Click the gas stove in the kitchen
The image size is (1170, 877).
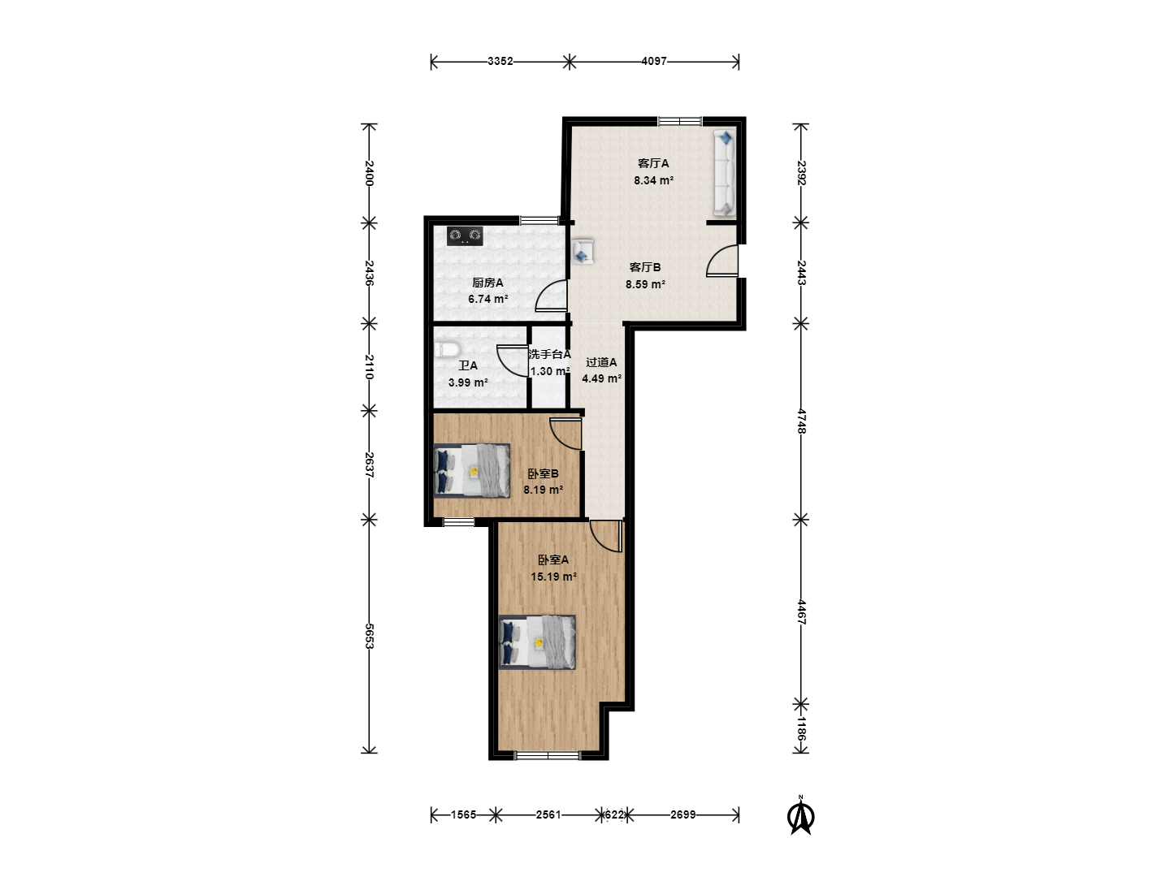point(465,235)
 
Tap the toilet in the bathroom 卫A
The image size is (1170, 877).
point(447,350)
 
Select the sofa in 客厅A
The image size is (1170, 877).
point(725,173)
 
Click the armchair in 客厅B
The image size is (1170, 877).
point(583,252)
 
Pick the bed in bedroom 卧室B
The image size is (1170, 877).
point(472,471)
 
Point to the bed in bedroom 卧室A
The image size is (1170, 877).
point(537,642)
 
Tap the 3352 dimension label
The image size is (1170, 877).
point(500,61)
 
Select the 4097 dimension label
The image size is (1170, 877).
point(654,61)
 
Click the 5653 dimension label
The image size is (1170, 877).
point(369,636)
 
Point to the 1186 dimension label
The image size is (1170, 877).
point(800,728)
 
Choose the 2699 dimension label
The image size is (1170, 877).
point(682,814)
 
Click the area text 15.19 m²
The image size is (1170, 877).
point(553,577)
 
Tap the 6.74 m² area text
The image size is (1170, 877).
point(487,300)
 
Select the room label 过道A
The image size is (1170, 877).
point(601,363)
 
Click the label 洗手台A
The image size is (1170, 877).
point(549,354)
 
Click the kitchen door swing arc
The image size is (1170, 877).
point(551,295)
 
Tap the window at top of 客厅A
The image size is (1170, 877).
point(679,122)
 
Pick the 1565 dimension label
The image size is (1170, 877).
point(463,814)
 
